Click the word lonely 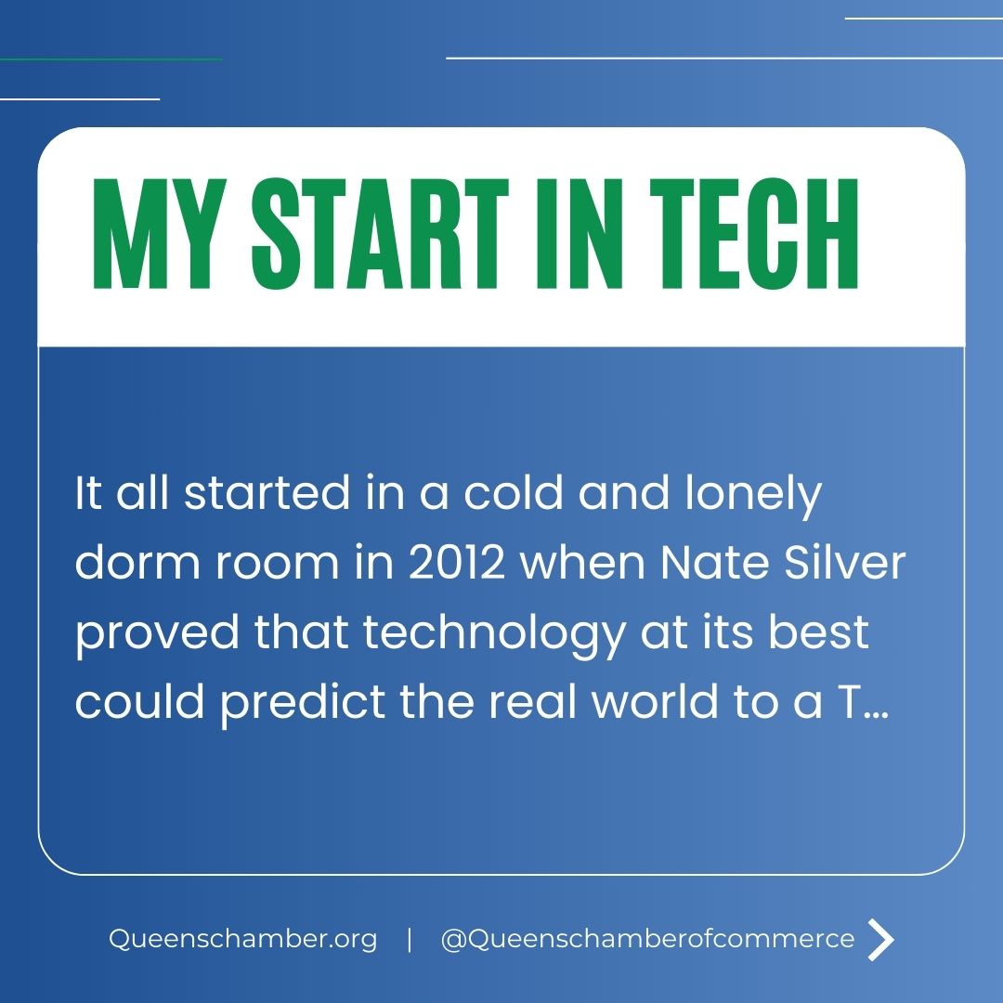[x=754, y=494]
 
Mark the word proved [x=155, y=633]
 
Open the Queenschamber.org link [x=243, y=939]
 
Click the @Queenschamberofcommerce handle [x=647, y=939]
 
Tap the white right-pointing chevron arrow [x=880, y=939]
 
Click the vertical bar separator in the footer [x=410, y=939]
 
